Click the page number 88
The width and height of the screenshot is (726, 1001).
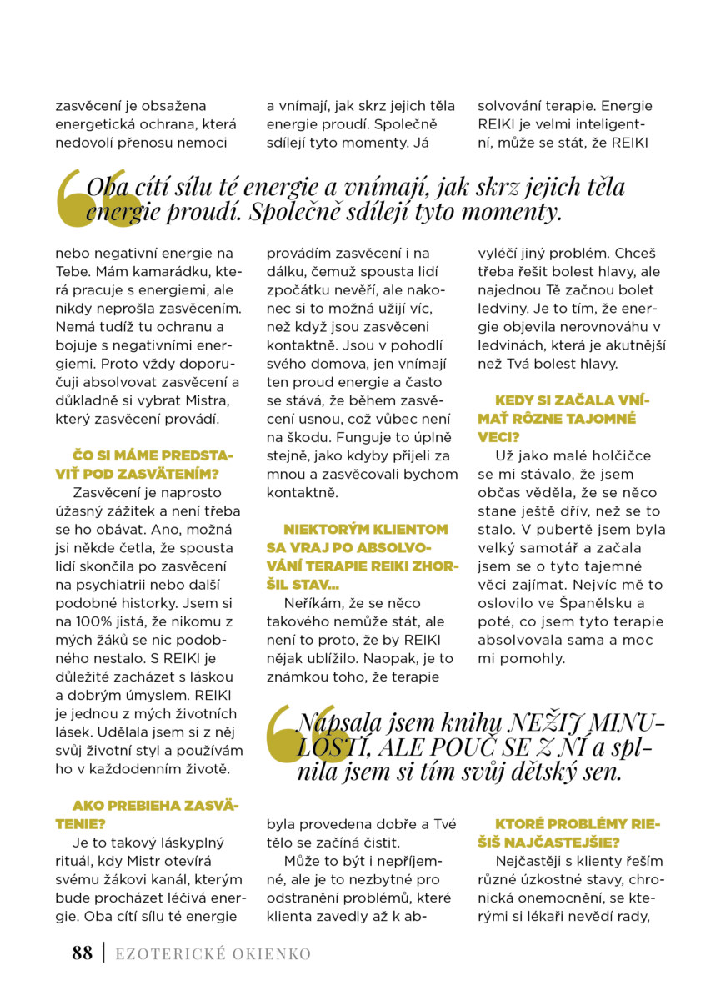tap(82, 953)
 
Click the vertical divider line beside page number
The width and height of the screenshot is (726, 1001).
tap(103, 953)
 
